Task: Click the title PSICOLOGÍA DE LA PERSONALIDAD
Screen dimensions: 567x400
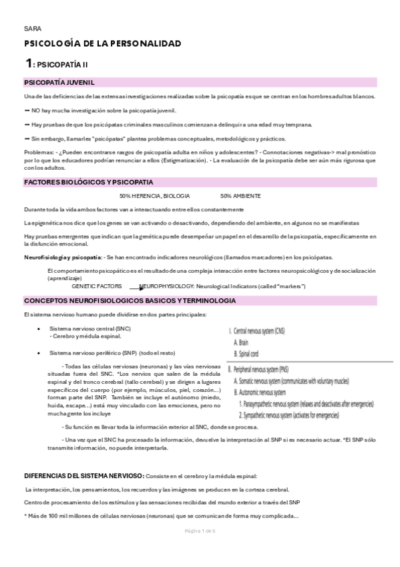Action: point(102,43)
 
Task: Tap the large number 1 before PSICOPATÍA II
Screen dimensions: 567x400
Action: point(28,64)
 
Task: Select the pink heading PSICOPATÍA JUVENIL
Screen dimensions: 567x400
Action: point(59,82)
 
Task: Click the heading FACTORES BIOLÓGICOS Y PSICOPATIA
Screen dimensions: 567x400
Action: point(88,182)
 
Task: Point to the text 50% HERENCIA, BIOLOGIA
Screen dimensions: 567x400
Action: point(154,196)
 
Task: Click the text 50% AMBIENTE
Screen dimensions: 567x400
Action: point(240,196)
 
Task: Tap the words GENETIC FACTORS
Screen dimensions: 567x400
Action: point(97,286)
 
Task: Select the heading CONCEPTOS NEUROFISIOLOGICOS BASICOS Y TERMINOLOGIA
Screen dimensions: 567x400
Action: point(130,301)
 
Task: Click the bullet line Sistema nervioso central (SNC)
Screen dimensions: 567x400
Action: point(90,329)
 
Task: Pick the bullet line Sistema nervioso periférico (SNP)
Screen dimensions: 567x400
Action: point(112,352)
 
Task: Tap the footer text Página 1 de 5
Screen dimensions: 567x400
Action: point(200,549)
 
